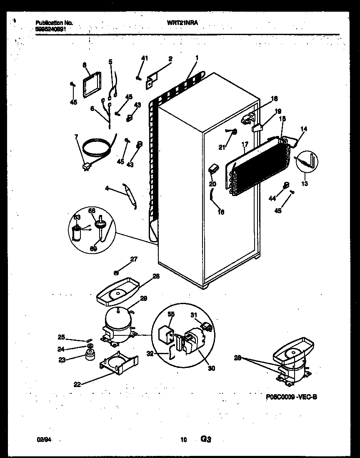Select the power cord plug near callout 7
pos(87,166)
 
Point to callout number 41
pos(144,58)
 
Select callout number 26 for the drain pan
pos(144,276)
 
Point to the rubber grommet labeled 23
pos(88,355)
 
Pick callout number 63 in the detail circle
pos(77,217)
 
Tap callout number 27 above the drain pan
pos(133,259)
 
